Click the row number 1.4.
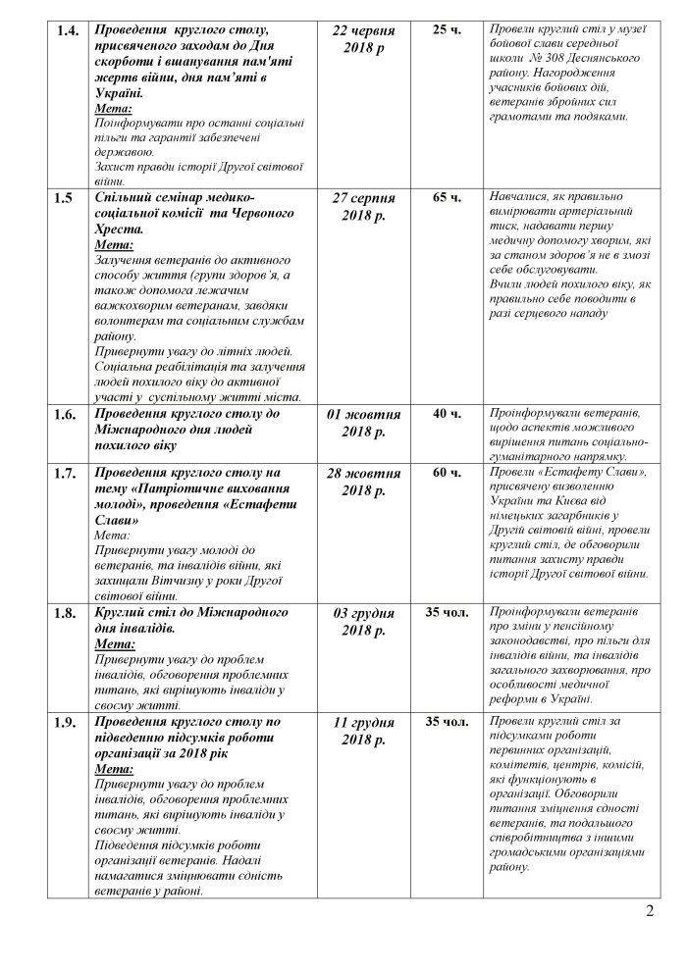click(68, 30)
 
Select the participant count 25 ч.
click(447, 30)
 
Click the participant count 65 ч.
click(447, 198)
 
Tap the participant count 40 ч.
click(447, 414)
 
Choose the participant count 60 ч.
click(447, 473)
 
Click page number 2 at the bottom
click(650, 917)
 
